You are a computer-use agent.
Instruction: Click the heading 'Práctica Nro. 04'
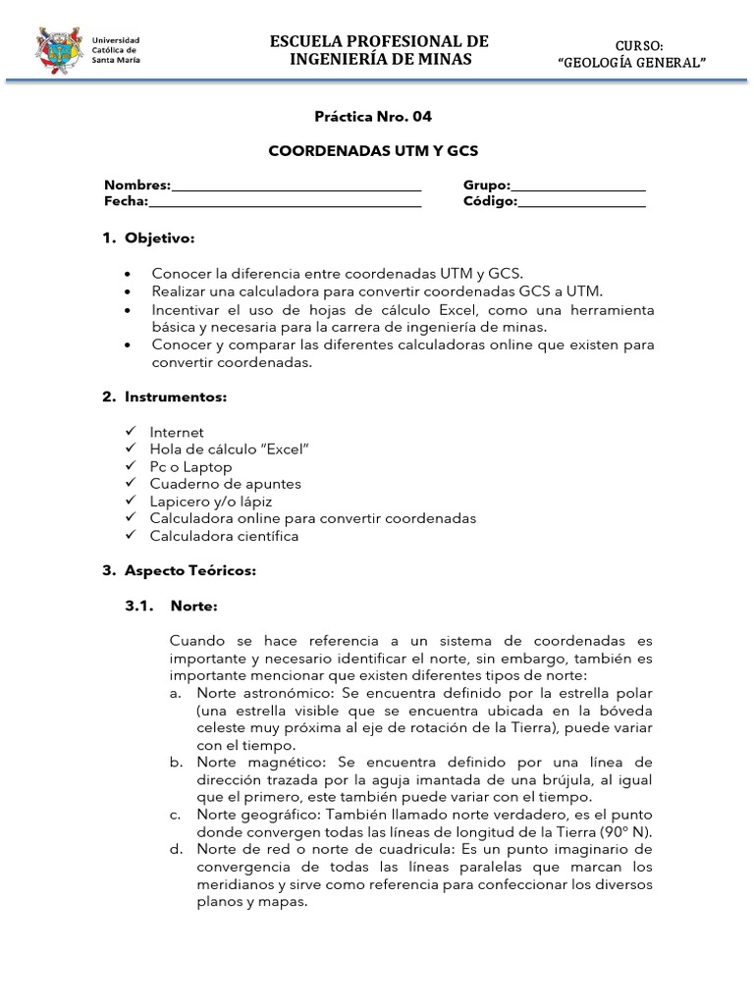(372, 116)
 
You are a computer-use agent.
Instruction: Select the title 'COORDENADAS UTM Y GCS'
(372, 153)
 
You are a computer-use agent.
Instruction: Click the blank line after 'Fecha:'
(285, 203)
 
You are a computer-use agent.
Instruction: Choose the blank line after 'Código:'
(581, 203)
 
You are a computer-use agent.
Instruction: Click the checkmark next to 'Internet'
(131, 431)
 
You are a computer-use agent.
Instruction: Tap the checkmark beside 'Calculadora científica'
(131, 536)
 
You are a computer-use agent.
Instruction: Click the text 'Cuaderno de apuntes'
(225, 484)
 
